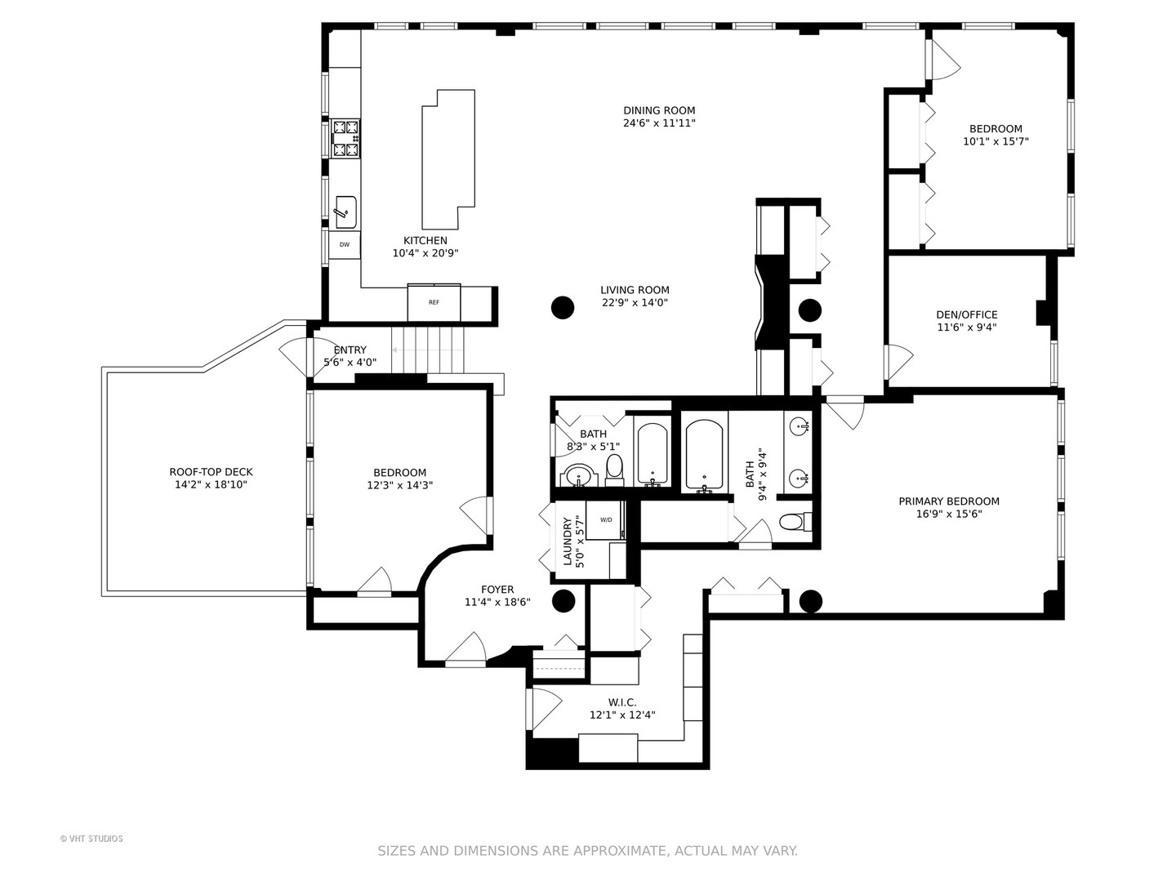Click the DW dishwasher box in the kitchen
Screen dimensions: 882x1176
345,244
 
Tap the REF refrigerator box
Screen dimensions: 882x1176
434,303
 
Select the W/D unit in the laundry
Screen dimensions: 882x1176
606,520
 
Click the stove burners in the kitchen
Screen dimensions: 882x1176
345,138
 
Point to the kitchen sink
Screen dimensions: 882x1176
345,212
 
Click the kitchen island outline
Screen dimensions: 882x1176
448,159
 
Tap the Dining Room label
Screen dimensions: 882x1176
659,110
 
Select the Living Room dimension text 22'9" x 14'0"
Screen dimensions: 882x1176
635,303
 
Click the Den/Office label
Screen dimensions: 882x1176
966,314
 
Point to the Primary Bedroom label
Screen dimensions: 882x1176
948,501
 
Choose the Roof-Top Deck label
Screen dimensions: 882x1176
211,471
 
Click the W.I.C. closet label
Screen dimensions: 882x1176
622,702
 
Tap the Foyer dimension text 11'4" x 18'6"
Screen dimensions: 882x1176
497,603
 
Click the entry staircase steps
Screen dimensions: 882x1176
427,349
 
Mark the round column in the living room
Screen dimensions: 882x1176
563,308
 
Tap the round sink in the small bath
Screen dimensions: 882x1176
579,474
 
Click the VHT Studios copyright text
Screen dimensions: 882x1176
91,839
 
